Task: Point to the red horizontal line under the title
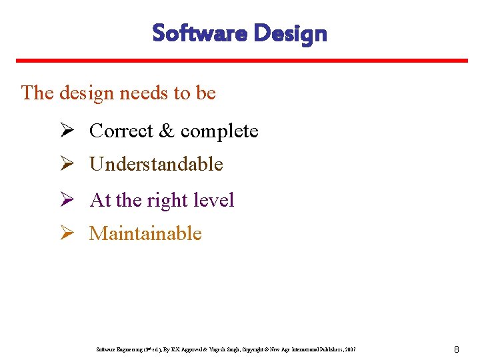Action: [x=240, y=61]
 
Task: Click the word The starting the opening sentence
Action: [x=37, y=93]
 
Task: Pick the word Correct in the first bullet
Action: [x=121, y=131]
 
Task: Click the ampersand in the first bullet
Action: [x=167, y=131]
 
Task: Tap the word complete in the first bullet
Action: [x=219, y=131]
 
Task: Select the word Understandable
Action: [x=156, y=164]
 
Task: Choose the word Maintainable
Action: [x=145, y=233]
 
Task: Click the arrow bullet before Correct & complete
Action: [x=66, y=131]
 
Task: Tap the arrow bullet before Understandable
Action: [x=66, y=164]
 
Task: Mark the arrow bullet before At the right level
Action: [x=66, y=200]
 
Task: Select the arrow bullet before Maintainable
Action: [x=66, y=233]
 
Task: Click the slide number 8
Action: [x=456, y=349]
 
